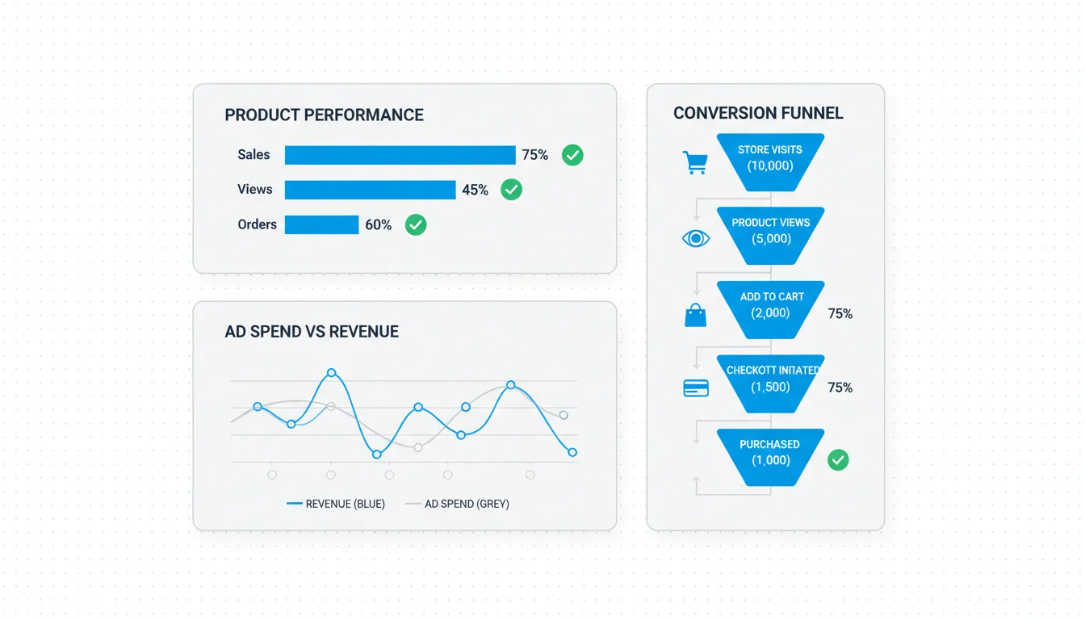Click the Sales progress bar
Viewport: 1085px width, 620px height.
(400, 155)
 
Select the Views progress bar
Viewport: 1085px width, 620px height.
(370, 190)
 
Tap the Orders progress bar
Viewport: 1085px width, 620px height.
(321, 224)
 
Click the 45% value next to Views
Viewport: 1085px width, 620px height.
(475, 190)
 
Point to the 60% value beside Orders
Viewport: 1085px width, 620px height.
(379, 224)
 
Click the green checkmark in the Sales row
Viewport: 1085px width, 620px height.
(572, 155)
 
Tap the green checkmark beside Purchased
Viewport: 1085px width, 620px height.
(838, 459)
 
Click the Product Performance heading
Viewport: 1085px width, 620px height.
(324, 115)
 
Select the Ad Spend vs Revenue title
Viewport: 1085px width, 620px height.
(312, 332)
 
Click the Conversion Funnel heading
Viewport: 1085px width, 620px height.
(758, 113)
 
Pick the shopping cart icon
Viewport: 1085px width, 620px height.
(696, 163)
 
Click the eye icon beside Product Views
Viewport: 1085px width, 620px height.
(696, 238)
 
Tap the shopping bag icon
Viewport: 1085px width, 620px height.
(696, 315)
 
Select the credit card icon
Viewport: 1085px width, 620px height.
(696, 388)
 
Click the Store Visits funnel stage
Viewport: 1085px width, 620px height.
(770, 162)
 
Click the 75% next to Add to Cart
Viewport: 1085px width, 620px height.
(840, 314)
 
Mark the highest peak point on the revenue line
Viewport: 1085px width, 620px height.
(331, 372)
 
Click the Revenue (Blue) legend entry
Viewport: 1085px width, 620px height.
(336, 504)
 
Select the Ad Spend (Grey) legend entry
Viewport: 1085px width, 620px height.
(457, 504)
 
